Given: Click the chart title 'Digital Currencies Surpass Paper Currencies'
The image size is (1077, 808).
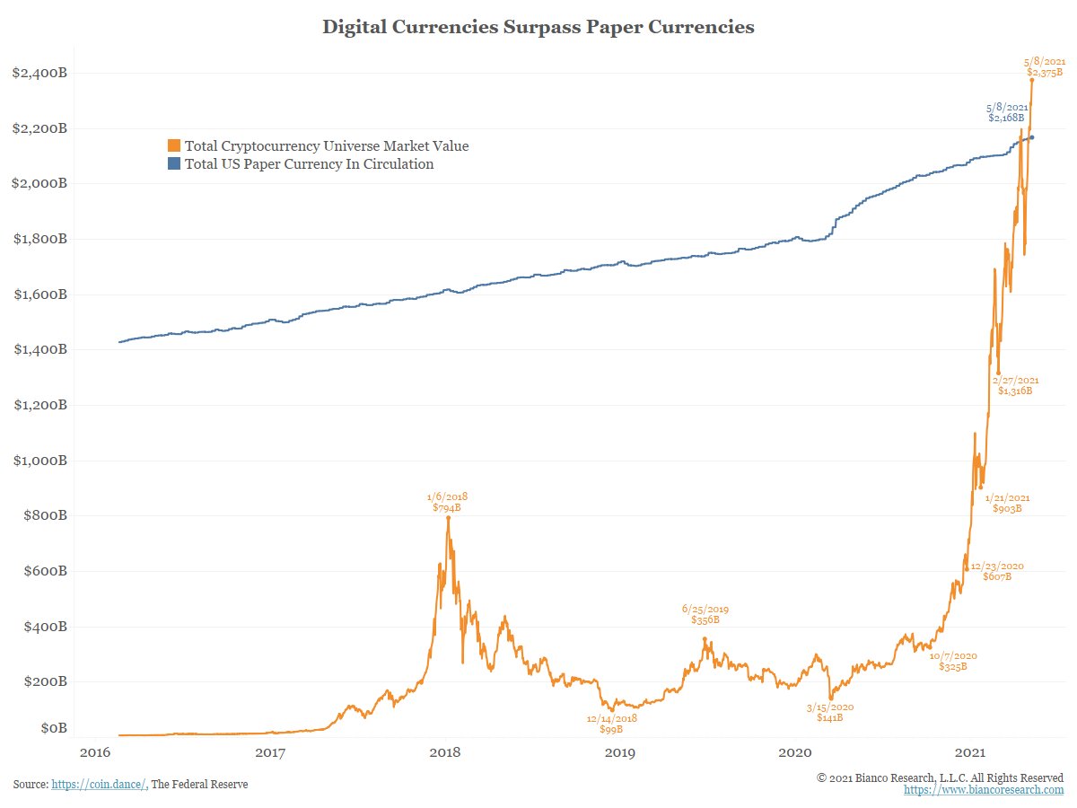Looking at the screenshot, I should coord(538,28).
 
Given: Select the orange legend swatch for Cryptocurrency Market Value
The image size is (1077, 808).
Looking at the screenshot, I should coord(174,145).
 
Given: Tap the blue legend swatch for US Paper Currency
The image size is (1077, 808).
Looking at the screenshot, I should coord(174,164).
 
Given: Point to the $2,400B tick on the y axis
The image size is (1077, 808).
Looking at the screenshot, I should coord(39,73).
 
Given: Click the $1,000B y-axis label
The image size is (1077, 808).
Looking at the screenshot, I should coord(39,461).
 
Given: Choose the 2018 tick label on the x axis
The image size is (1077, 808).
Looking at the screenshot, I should coord(446,751).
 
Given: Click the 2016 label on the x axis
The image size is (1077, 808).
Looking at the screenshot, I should coord(95,751).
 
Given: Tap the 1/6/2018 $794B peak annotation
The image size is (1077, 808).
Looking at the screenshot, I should coord(447,502).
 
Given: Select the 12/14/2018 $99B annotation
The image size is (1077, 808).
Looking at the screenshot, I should coord(611,724).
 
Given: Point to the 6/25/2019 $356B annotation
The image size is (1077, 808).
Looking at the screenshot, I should coord(705,613).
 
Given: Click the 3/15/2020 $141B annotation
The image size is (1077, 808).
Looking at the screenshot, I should coord(830,712).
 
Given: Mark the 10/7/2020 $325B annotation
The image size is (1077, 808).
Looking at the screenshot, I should coord(953,661).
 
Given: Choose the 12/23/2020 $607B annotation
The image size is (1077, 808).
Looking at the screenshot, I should coord(996,571).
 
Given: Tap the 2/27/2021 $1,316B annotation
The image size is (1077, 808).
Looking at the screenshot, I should coord(1015,385).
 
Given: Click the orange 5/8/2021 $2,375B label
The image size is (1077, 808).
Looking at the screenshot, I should coord(1044,66).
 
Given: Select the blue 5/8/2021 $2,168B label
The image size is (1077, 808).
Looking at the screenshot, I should coord(1006,112).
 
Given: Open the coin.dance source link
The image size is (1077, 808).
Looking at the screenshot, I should coord(99,785).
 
